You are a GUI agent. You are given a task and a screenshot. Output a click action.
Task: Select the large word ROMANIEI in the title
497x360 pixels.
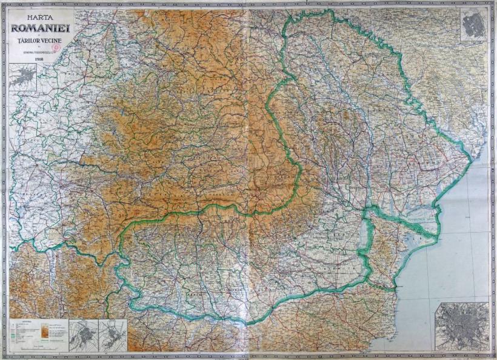coord(41,29)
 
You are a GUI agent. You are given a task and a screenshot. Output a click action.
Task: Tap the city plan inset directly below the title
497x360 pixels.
coord(22,78)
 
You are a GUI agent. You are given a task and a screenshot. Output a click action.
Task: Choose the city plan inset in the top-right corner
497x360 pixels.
coord(473,24)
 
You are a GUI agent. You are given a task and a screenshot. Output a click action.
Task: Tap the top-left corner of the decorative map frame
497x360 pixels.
coord(4,4)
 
